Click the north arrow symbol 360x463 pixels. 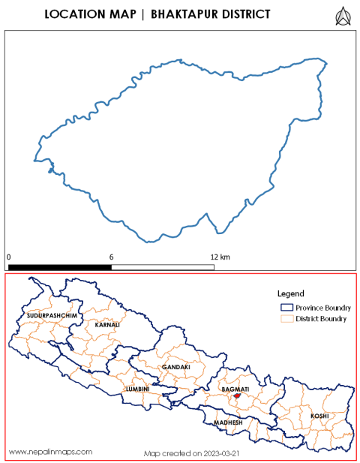coord(343,15)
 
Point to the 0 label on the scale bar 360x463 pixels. coord(9,257)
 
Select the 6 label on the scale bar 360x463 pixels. coord(112,257)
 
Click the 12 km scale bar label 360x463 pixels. coord(220,257)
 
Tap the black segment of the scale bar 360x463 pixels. coord(60,266)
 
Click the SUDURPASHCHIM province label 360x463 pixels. coord(52,317)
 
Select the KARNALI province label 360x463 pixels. coord(107,326)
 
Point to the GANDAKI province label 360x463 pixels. coord(175,367)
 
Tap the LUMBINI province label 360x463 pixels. coord(138,389)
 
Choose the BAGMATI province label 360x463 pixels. coord(235,389)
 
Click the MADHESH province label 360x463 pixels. coord(228,422)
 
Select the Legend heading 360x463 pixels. coord(289,293)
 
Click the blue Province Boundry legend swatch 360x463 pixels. coord(285,308)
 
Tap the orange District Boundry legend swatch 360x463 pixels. coord(285,319)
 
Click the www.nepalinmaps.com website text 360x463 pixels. coord(50,452)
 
